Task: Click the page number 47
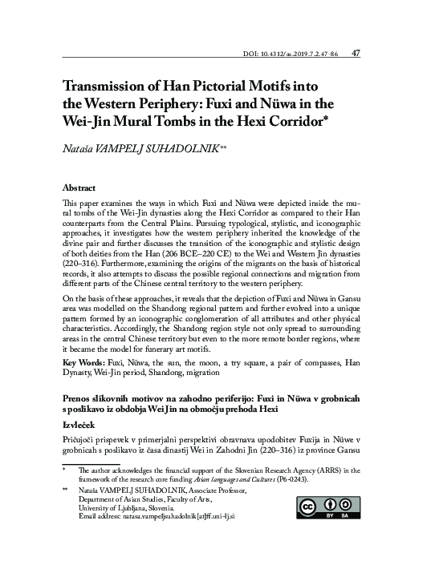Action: [356, 54]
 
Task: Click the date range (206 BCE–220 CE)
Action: [257, 245]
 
